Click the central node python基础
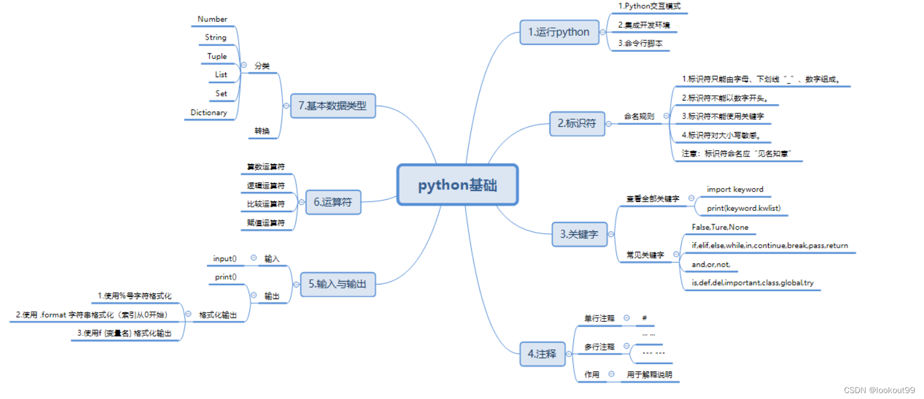457,185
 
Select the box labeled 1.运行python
559,32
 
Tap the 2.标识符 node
577,123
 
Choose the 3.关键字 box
579,234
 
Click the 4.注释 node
542,354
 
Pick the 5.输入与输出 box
337,284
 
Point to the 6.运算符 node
333,202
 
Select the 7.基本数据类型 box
333,106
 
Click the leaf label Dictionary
209,113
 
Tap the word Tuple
217,57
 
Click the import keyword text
735,189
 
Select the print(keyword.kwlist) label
744,208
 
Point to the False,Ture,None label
720,227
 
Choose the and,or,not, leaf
711,265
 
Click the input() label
225,259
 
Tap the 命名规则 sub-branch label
639,116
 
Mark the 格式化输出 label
218,315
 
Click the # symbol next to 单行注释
644,318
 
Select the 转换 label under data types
262,131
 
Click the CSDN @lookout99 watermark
879,390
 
